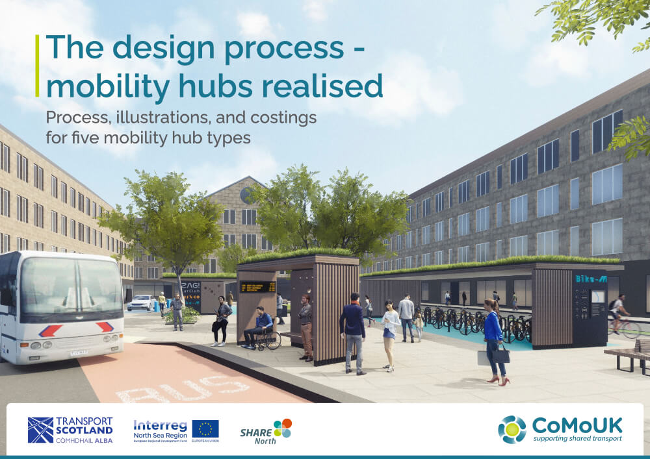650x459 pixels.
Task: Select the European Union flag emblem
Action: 205,428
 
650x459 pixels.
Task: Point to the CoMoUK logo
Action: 560,429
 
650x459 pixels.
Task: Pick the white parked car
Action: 142,303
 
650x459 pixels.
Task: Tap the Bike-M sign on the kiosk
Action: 591,279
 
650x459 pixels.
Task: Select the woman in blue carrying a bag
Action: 493,339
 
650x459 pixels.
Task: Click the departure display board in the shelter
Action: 257,286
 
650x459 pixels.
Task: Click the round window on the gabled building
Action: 245,194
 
